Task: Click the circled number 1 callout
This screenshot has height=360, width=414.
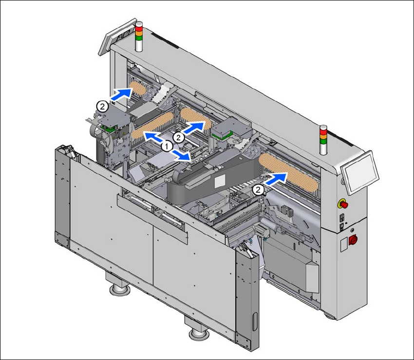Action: click(x=167, y=146)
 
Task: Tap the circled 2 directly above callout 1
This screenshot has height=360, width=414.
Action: click(x=178, y=137)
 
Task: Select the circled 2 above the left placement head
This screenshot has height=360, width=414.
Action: click(x=102, y=107)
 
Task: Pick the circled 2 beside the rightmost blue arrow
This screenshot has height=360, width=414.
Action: click(x=258, y=190)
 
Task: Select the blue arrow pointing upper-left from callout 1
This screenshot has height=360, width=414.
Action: click(x=152, y=137)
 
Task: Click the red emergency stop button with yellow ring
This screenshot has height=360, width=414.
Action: click(x=343, y=204)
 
